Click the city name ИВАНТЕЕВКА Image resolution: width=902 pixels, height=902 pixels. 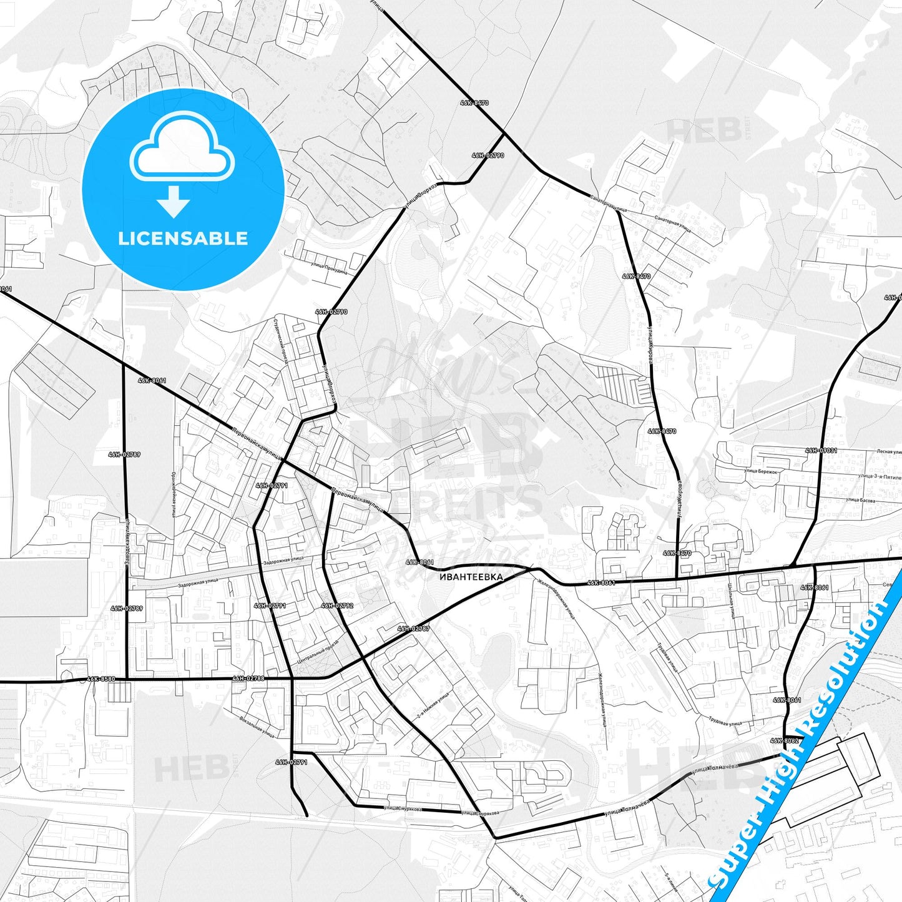471,577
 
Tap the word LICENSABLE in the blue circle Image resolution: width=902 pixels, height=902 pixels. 183,238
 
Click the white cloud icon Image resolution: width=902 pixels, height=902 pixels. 182,148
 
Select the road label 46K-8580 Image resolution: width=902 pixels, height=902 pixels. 100,679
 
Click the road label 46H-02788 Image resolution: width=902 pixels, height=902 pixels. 248,678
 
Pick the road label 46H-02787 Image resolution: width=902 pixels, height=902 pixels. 413,629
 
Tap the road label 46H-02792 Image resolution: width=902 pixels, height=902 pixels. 337,605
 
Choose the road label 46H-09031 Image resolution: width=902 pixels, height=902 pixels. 821,450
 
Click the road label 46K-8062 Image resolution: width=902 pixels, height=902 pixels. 785,740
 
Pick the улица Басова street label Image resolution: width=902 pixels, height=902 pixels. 860,500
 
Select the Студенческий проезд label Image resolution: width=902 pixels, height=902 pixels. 280,341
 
